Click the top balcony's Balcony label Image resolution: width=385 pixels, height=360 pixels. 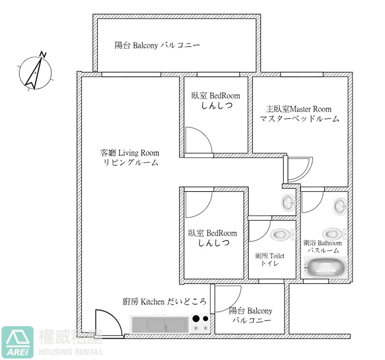pyautogui.click(x=157, y=45)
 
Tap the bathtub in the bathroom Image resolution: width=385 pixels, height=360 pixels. pyautogui.click(x=324, y=268)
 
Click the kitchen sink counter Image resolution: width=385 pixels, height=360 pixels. pyautogui.click(x=161, y=324)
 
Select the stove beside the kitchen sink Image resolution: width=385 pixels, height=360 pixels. pyautogui.click(x=201, y=323)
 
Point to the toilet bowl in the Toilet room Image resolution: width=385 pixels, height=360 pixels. pyautogui.click(x=280, y=234)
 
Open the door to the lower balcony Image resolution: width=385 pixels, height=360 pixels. pyautogui.click(x=227, y=298)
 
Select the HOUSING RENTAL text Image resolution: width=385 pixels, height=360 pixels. pyautogui.click(x=71, y=352)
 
